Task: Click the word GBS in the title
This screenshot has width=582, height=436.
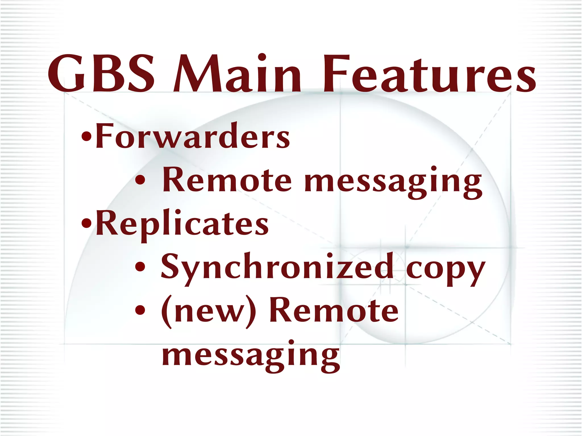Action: tap(101, 73)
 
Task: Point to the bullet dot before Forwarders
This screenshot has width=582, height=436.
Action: tap(86, 137)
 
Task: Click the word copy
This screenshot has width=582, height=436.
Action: tap(445, 269)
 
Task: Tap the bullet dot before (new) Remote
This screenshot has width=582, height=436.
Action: tap(140, 311)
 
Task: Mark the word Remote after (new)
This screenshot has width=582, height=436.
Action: tap(334, 311)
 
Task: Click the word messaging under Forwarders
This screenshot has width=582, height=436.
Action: tap(393, 182)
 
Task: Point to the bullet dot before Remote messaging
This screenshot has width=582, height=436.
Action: tap(140, 180)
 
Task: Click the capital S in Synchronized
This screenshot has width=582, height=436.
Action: tap(171, 266)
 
